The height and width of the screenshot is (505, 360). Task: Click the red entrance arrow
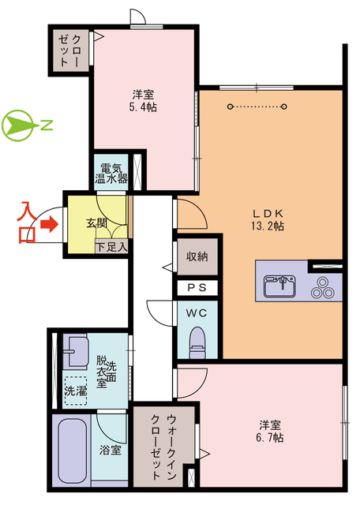(x=51, y=225)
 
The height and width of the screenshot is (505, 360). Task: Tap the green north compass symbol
(x=17, y=125)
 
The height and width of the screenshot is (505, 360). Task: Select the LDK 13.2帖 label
(x=268, y=219)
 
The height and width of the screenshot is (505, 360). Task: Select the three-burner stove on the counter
(x=322, y=286)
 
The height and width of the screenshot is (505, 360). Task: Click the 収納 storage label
(x=197, y=256)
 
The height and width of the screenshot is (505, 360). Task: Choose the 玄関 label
(x=96, y=223)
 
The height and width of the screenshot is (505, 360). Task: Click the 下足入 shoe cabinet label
(x=111, y=247)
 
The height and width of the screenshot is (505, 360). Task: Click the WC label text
(x=196, y=312)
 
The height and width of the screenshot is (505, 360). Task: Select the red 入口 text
(x=26, y=223)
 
